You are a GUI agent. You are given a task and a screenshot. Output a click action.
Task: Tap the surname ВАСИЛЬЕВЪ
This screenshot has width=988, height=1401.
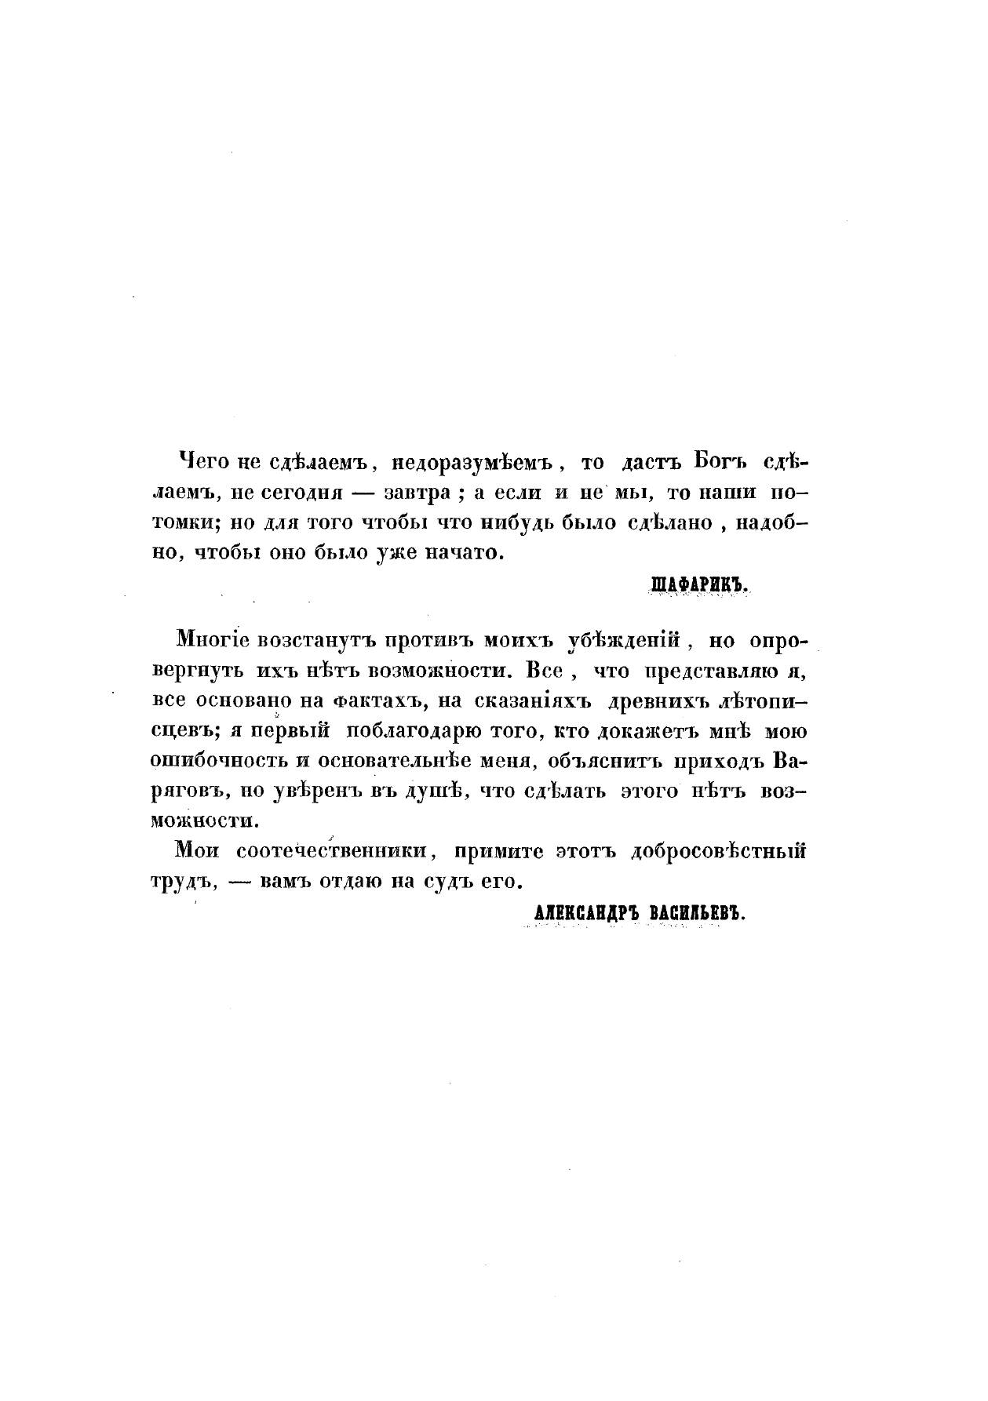point(696,911)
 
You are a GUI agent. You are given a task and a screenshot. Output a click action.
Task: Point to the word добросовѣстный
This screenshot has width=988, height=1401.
point(717,850)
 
